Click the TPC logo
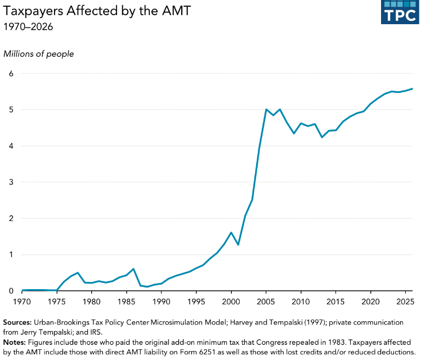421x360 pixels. point(400,12)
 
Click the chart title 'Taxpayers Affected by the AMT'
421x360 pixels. point(97,11)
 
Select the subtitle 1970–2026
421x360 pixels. point(28,27)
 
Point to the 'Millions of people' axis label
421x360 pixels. point(38,54)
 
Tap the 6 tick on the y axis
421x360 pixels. point(11,74)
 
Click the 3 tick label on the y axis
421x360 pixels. point(11,182)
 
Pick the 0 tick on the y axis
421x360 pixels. point(11,291)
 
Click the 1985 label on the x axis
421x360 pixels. point(126,301)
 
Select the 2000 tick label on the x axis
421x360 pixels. point(231,301)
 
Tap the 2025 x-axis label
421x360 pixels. point(405,301)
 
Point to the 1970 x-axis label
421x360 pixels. point(22,301)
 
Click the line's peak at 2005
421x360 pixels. point(266,109)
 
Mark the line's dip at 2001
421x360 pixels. point(238,245)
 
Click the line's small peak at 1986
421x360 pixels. point(133,269)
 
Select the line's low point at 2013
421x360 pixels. point(321,137)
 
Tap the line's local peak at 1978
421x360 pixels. point(78,273)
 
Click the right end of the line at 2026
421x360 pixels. point(412,88)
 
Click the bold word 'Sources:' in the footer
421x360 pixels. point(17,322)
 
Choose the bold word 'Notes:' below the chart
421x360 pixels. point(14,343)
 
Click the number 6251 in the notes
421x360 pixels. point(207,352)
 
